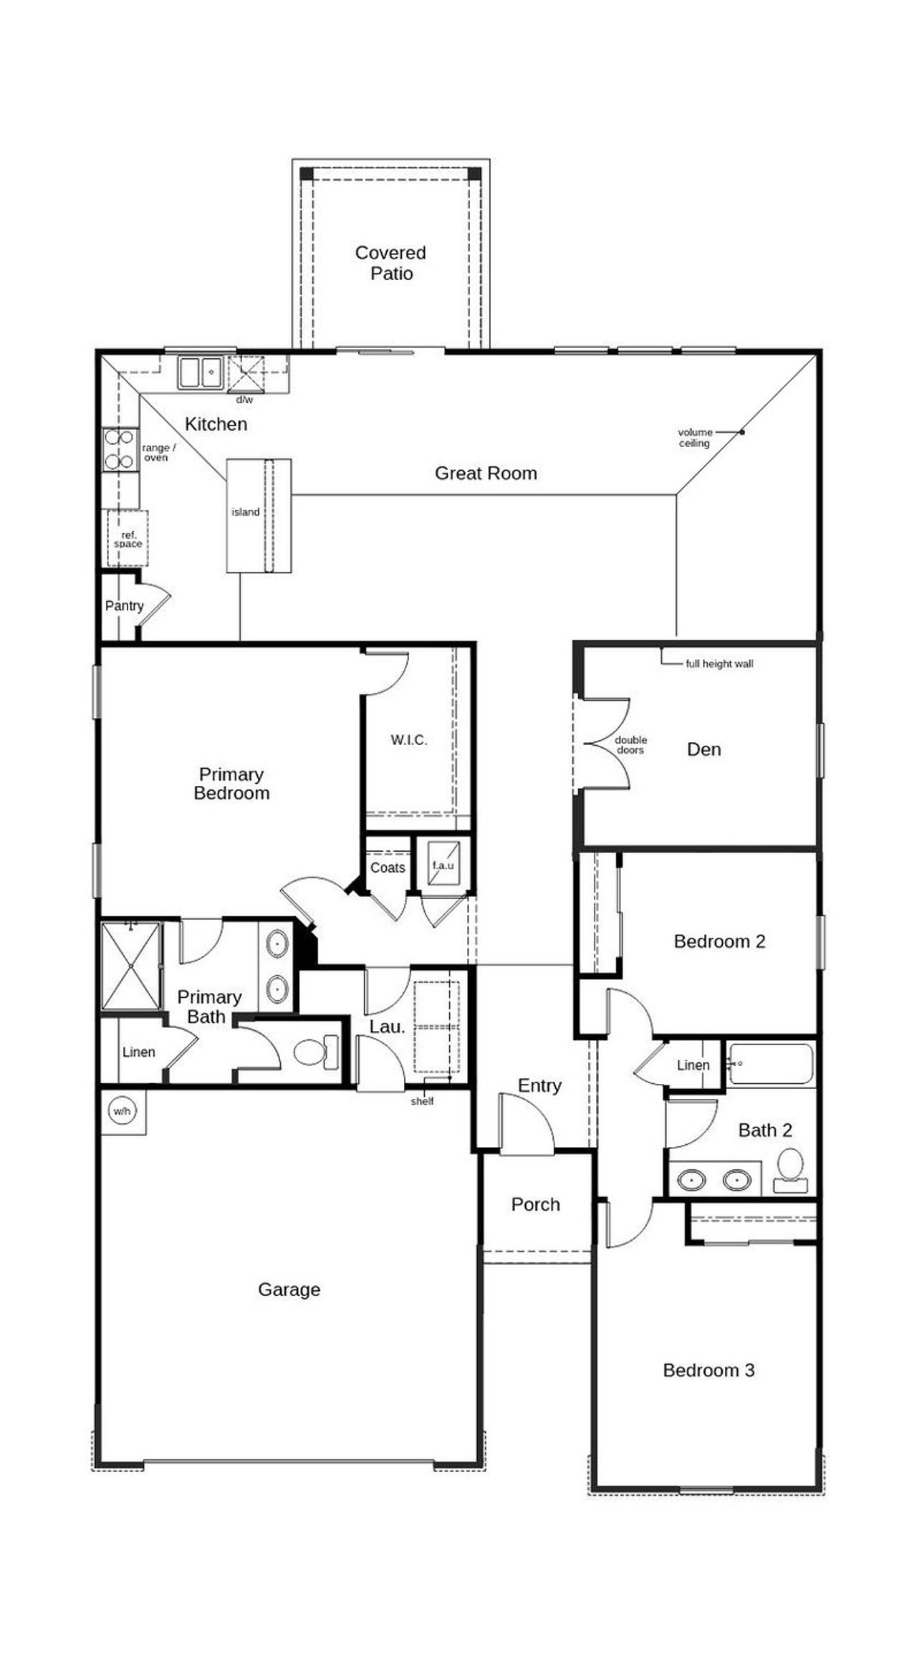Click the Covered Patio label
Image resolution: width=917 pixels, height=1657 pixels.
coord(390,263)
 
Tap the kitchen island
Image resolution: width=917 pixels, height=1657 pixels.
coord(259,515)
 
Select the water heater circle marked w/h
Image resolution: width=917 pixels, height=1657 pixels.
coord(122,1111)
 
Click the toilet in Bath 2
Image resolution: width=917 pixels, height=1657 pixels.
coord(790,1167)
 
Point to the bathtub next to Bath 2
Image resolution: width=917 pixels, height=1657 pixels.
coord(771,1063)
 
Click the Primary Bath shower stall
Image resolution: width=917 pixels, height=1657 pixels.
coord(131,966)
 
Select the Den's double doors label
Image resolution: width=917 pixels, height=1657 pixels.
coord(630,745)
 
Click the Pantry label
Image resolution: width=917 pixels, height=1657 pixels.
coord(124,606)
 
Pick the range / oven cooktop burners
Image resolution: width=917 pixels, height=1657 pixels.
coord(120,449)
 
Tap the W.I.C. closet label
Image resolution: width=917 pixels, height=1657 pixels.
coord(408,740)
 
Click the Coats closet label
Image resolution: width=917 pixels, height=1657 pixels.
coord(388,868)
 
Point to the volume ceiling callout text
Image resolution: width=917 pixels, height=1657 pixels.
coord(695,438)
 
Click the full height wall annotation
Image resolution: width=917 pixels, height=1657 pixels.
coord(719,664)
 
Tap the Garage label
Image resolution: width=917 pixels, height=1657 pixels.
coord(289,1289)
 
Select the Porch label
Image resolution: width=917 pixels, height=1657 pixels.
coord(535,1204)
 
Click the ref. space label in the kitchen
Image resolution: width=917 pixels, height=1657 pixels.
coord(128,539)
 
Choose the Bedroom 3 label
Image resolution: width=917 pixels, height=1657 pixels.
coord(708,1370)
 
